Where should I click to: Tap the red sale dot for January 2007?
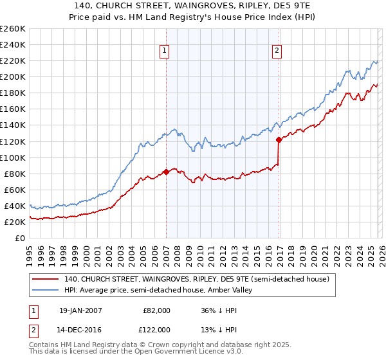(x=166, y=172)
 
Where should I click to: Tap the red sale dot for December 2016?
(x=279, y=139)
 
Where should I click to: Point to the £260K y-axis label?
(x=12, y=29)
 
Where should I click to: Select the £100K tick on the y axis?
(x=12, y=157)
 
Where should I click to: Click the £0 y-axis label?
(x=19, y=238)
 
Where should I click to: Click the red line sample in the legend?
(x=45, y=279)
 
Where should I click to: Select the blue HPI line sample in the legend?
(x=45, y=290)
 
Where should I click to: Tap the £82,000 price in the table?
(x=156, y=310)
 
